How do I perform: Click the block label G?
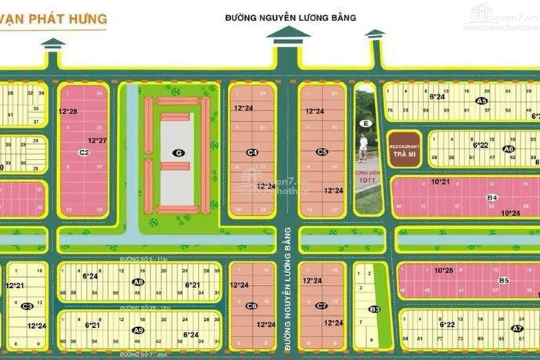click(179, 153)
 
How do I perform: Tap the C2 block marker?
click(83, 152)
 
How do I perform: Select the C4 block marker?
click(252, 153)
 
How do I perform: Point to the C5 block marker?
click(322, 152)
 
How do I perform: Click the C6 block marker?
click(252, 306)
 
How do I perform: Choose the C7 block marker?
click(321, 306)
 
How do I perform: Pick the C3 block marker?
click(27, 306)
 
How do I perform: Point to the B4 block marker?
click(492, 197)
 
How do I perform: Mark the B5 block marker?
click(504, 280)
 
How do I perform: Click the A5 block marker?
click(481, 101)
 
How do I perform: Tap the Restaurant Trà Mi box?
click(405, 149)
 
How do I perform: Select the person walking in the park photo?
click(363, 147)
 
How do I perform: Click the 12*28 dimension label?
click(67, 111)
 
